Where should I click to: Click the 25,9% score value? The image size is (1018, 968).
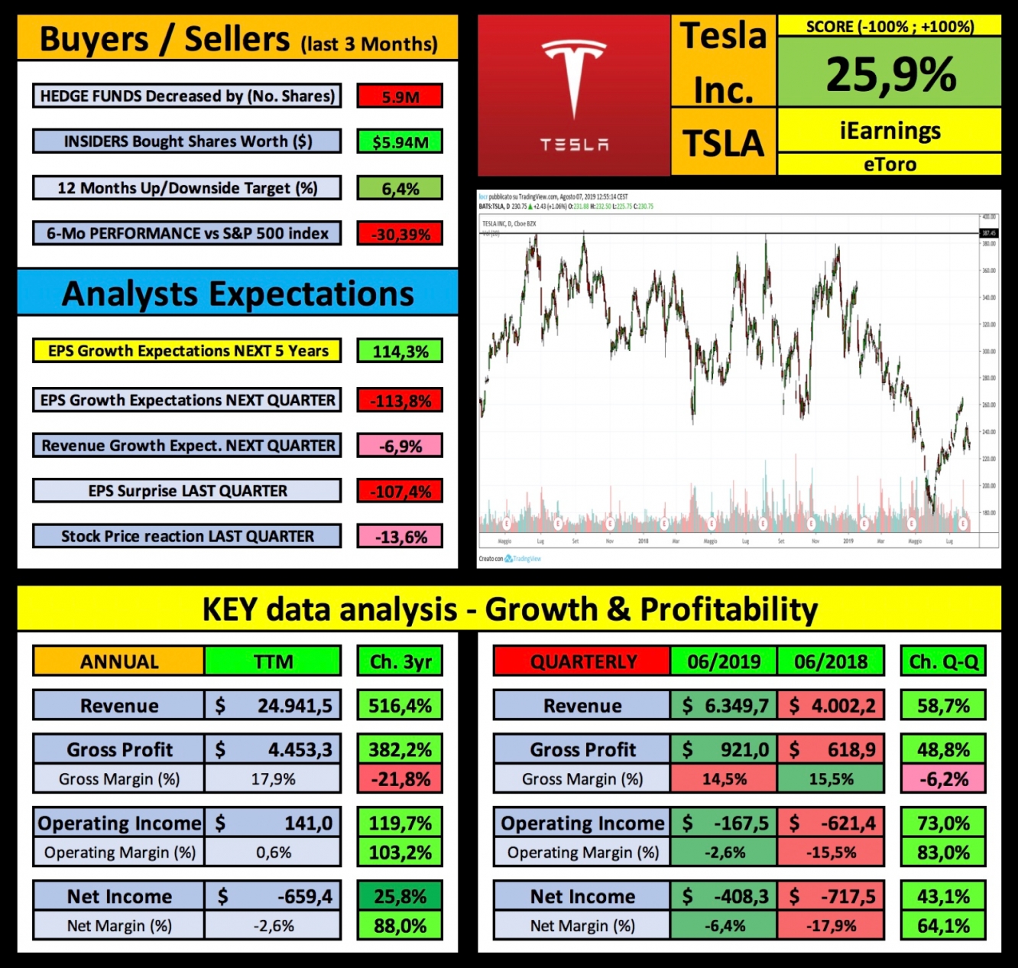890,74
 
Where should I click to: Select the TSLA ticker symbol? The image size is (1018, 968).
723,143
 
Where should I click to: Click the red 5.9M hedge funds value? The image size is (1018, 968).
400,97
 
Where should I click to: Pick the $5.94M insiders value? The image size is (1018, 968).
400,142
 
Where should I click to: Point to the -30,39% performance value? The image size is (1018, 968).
400,234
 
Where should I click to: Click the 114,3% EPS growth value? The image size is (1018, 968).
400,352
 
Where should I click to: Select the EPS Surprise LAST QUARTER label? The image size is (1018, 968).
187,491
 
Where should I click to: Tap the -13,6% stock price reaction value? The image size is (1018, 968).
400,537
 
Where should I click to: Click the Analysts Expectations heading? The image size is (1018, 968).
238,294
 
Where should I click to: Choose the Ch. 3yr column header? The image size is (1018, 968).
400,661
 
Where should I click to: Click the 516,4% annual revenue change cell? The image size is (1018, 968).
400,706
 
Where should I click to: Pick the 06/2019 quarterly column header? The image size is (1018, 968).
724,661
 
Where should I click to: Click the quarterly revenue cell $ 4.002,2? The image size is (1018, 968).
831,706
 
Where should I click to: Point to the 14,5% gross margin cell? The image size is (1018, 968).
724,779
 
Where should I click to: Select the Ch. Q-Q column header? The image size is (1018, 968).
943,661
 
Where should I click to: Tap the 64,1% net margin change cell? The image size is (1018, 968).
943,926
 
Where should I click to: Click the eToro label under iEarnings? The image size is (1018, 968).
890,164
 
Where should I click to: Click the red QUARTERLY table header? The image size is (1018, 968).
582,661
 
